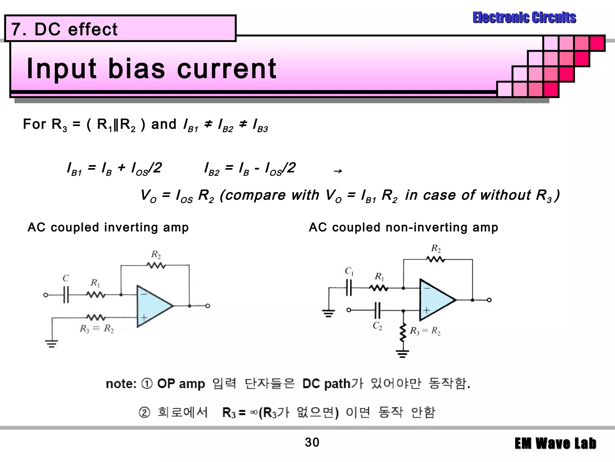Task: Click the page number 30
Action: click(312, 442)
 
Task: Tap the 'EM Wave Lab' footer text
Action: click(555, 444)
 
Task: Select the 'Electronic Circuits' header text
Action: click(524, 17)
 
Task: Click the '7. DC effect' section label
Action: click(64, 29)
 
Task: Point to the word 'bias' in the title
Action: click(136, 69)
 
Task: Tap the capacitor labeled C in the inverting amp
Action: click(66, 295)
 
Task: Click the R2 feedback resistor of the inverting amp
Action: click(156, 265)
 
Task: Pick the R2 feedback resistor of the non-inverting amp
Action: click(435, 259)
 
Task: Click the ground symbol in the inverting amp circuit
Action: click(52, 343)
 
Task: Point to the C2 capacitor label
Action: click(377, 326)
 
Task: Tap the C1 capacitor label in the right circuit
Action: click(349, 271)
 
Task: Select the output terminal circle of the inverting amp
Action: click(208, 306)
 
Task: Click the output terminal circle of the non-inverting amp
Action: click(489, 300)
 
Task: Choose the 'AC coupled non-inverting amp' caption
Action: click(403, 227)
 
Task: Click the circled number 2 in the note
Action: click(144, 412)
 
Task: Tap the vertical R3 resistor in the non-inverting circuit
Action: click(403, 333)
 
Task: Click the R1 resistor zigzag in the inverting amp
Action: click(96, 295)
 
